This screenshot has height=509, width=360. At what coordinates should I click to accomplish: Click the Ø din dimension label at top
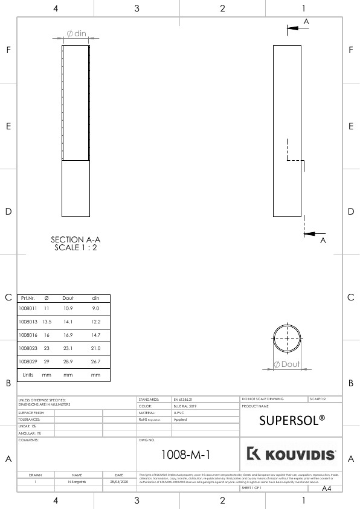[76, 34]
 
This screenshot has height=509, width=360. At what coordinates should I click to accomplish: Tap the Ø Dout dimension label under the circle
[288, 364]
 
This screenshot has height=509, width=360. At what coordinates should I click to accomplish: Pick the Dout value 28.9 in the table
[68, 361]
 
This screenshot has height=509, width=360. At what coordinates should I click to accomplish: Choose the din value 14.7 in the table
[95, 335]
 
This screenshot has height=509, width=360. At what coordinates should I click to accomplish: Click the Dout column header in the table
[68, 298]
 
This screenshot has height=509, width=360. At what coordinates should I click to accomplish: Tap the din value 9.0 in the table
[95, 308]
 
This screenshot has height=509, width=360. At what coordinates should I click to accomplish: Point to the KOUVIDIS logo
[292, 454]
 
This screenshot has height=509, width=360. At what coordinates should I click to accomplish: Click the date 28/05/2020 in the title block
[119, 482]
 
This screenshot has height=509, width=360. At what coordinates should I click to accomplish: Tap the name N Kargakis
[77, 482]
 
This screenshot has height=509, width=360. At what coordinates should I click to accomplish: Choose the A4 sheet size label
[327, 488]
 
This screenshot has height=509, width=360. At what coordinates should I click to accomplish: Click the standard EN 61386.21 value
[185, 400]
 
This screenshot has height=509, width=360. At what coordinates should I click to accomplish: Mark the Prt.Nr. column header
[28, 298]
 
